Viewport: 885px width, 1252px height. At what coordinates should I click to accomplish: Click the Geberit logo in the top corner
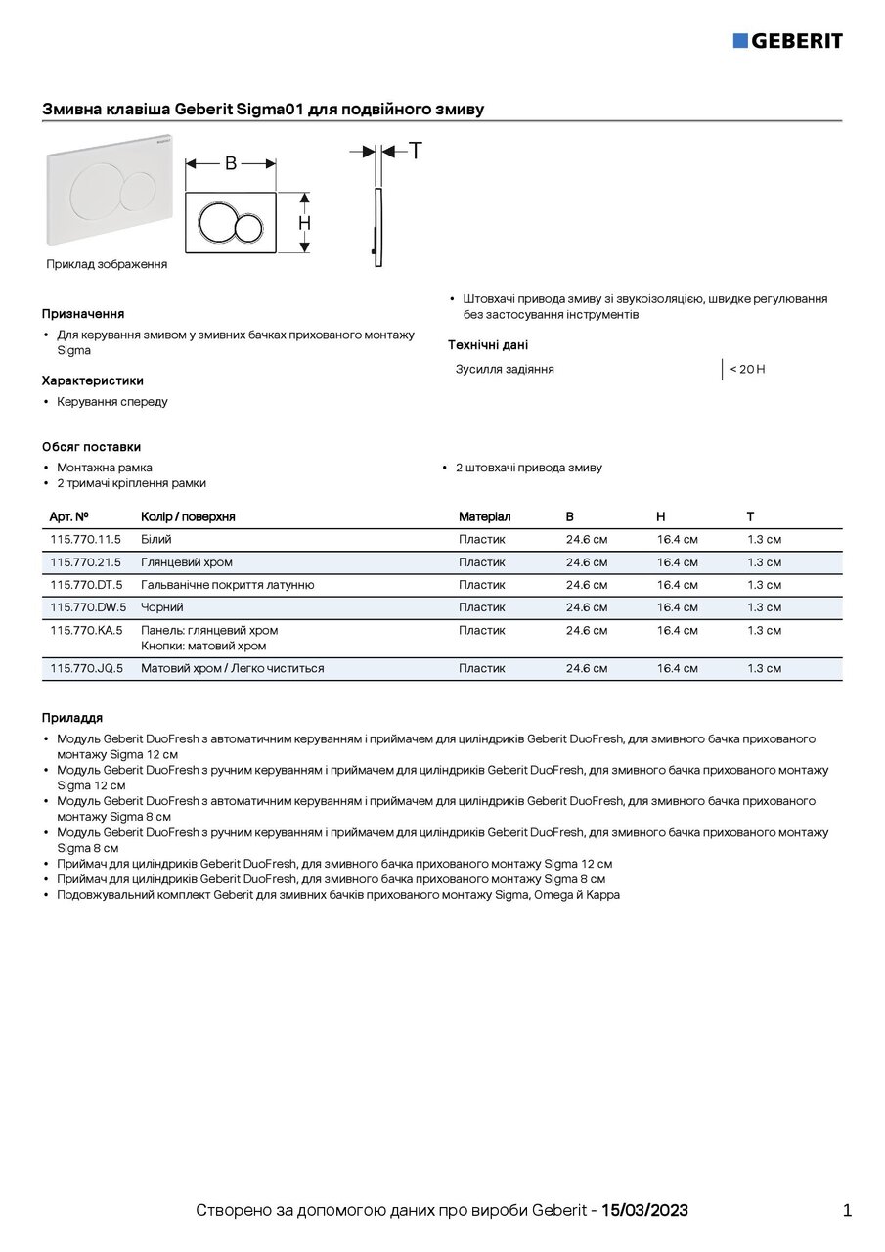point(787,40)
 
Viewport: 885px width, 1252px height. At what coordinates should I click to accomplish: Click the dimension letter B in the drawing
point(231,163)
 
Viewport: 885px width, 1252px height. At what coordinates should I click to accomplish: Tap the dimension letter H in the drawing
point(305,223)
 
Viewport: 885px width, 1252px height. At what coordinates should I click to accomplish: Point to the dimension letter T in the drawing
point(415,151)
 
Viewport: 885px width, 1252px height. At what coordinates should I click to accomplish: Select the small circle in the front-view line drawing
point(247,228)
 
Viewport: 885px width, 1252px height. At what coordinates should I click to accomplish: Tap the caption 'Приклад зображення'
point(107,264)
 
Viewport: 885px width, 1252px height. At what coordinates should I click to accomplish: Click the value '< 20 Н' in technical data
point(747,369)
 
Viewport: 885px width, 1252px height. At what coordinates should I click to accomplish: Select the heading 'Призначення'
point(83,314)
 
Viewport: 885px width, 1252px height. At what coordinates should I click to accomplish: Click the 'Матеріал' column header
point(484,516)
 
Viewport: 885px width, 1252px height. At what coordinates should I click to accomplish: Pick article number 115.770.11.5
point(85,539)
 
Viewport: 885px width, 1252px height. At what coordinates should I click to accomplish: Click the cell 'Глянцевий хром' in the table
point(187,562)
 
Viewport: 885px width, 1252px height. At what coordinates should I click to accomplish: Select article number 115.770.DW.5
point(87,607)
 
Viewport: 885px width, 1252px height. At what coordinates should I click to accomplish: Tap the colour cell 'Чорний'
point(162,607)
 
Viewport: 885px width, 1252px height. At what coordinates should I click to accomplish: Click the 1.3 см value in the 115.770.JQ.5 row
point(764,668)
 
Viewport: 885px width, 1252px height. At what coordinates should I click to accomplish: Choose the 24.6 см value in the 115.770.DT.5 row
point(586,585)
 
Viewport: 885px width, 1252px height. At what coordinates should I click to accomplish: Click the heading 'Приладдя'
point(72,718)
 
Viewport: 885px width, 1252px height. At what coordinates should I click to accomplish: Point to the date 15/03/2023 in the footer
point(644,1210)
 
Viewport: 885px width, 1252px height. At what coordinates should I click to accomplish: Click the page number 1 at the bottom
point(847,1210)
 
